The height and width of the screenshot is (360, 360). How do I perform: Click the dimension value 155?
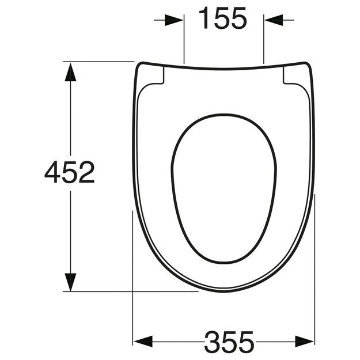click(223, 20)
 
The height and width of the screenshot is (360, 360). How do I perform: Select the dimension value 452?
click(70, 172)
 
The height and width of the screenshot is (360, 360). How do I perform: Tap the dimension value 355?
click(229, 342)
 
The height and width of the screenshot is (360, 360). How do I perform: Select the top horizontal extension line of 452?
click(98, 61)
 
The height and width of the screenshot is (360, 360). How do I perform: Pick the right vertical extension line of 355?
click(316, 271)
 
